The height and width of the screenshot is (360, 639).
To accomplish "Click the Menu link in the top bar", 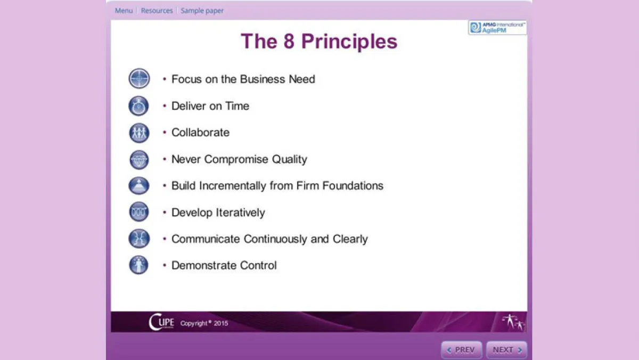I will coord(124,11).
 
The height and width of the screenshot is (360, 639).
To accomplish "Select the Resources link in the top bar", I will coord(157,11).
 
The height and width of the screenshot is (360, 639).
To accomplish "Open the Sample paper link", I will coord(202,11).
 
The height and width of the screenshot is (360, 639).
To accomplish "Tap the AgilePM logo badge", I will coord(497,28).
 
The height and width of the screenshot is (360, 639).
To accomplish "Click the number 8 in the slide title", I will coord(289,42).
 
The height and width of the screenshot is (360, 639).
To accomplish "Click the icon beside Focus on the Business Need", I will coord(139,79).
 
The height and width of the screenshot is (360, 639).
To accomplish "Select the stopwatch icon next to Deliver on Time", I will coord(139,106).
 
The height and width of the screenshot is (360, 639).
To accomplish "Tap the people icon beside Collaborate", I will coord(139,133).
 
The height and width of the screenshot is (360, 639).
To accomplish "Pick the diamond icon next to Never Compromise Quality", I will coord(139,159).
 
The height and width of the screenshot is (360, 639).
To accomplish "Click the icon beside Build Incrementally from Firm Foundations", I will coord(139,186).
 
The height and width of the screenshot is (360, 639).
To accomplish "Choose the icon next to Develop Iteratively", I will coord(139,212).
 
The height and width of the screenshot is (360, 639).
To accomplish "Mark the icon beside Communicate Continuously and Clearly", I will coord(139,239).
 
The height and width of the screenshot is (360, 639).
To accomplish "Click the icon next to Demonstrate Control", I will coord(139,265).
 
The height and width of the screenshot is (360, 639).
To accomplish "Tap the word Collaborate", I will coord(200,133).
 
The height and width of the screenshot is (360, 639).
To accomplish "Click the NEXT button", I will coord(506,350).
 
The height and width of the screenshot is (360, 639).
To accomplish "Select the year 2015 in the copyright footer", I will coord(221,323).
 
